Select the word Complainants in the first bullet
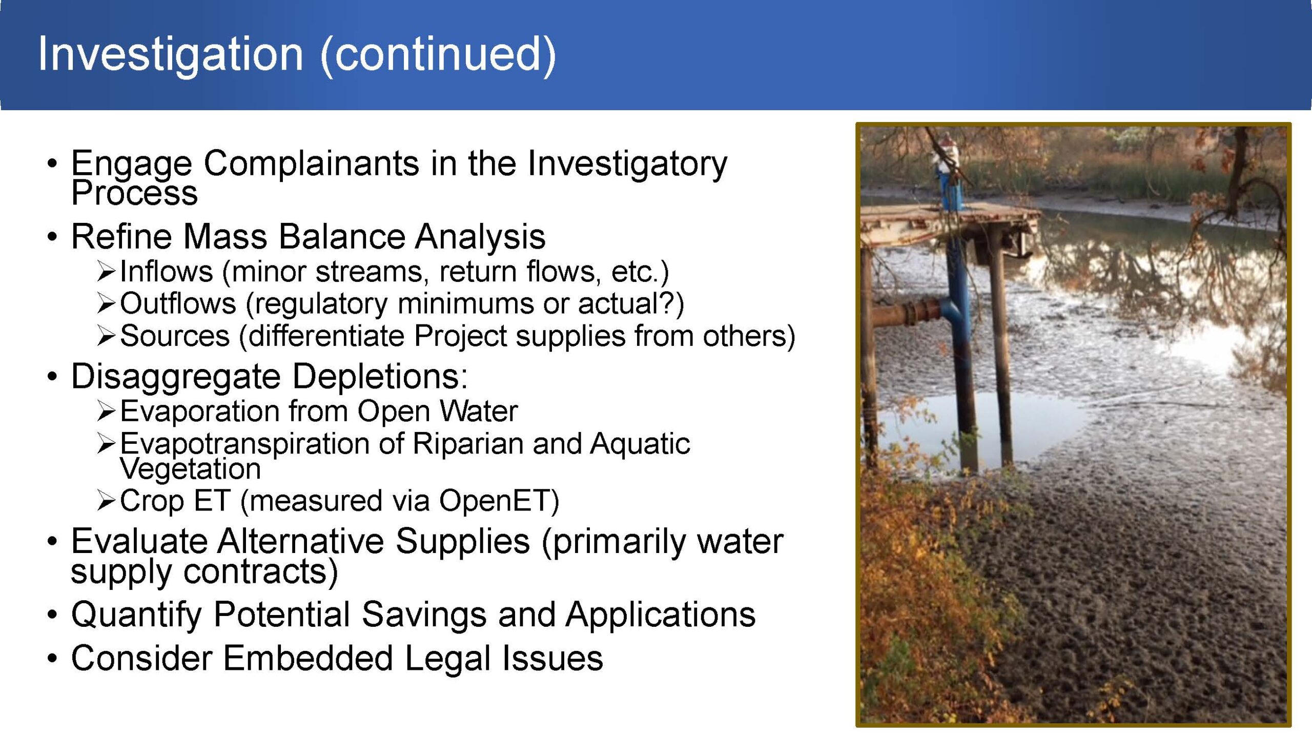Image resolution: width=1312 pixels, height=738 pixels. coord(312,165)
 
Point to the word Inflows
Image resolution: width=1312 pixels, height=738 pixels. coord(166,271)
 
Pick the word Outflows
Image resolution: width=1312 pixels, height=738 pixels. coord(178,303)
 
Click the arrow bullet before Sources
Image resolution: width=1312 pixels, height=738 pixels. coord(106,336)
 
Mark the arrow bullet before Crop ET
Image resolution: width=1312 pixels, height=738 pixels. coord(106,501)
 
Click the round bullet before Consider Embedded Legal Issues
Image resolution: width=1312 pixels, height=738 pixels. coord(52,658)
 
